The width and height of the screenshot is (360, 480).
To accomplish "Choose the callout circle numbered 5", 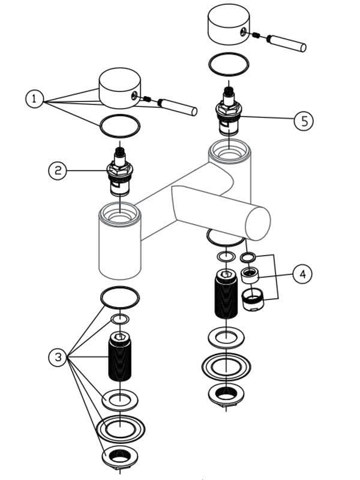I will (304, 120).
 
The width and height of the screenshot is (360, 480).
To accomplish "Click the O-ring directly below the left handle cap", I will (119, 125).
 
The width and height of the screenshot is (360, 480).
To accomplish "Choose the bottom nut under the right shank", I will (226, 394).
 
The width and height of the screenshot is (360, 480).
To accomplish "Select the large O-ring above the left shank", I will (120, 296).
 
